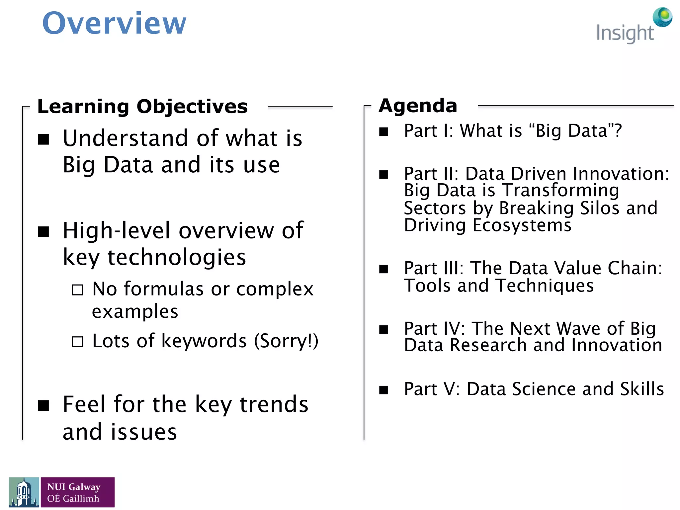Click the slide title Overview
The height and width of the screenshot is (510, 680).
click(x=114, y=23)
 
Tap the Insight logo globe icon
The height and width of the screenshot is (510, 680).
click(x=662, y=17)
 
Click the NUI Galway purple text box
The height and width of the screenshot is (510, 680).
click(x=77, y=492)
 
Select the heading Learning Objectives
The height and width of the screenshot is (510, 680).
click(x=142, y=107)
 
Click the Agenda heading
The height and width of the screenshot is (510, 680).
click(x=418, y=106)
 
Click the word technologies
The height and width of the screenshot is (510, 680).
click(x=177, y=257)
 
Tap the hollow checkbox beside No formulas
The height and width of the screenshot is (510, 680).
click(x=77, y=290)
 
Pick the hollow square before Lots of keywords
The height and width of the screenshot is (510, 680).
click(x=77, y=342)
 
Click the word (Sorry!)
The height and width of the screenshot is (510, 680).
click(x=286, y=341)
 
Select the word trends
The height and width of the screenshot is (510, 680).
click(x=274, y=405)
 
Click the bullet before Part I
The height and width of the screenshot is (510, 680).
click(x=383, y=132)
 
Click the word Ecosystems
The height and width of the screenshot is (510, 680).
click(x=522, y=225)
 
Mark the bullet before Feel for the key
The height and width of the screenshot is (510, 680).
click(x=43, y=405)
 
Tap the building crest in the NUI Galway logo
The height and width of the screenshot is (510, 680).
click(x=24, y=492)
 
